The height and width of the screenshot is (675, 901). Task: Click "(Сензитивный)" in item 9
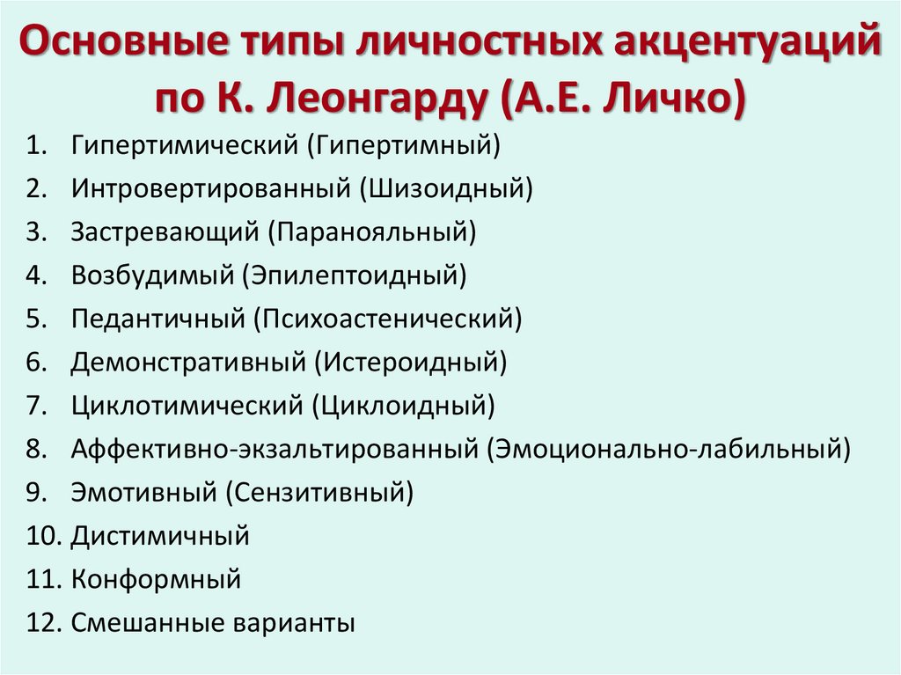tap(320, 493)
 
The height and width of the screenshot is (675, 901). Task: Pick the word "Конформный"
tap(157, 580)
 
